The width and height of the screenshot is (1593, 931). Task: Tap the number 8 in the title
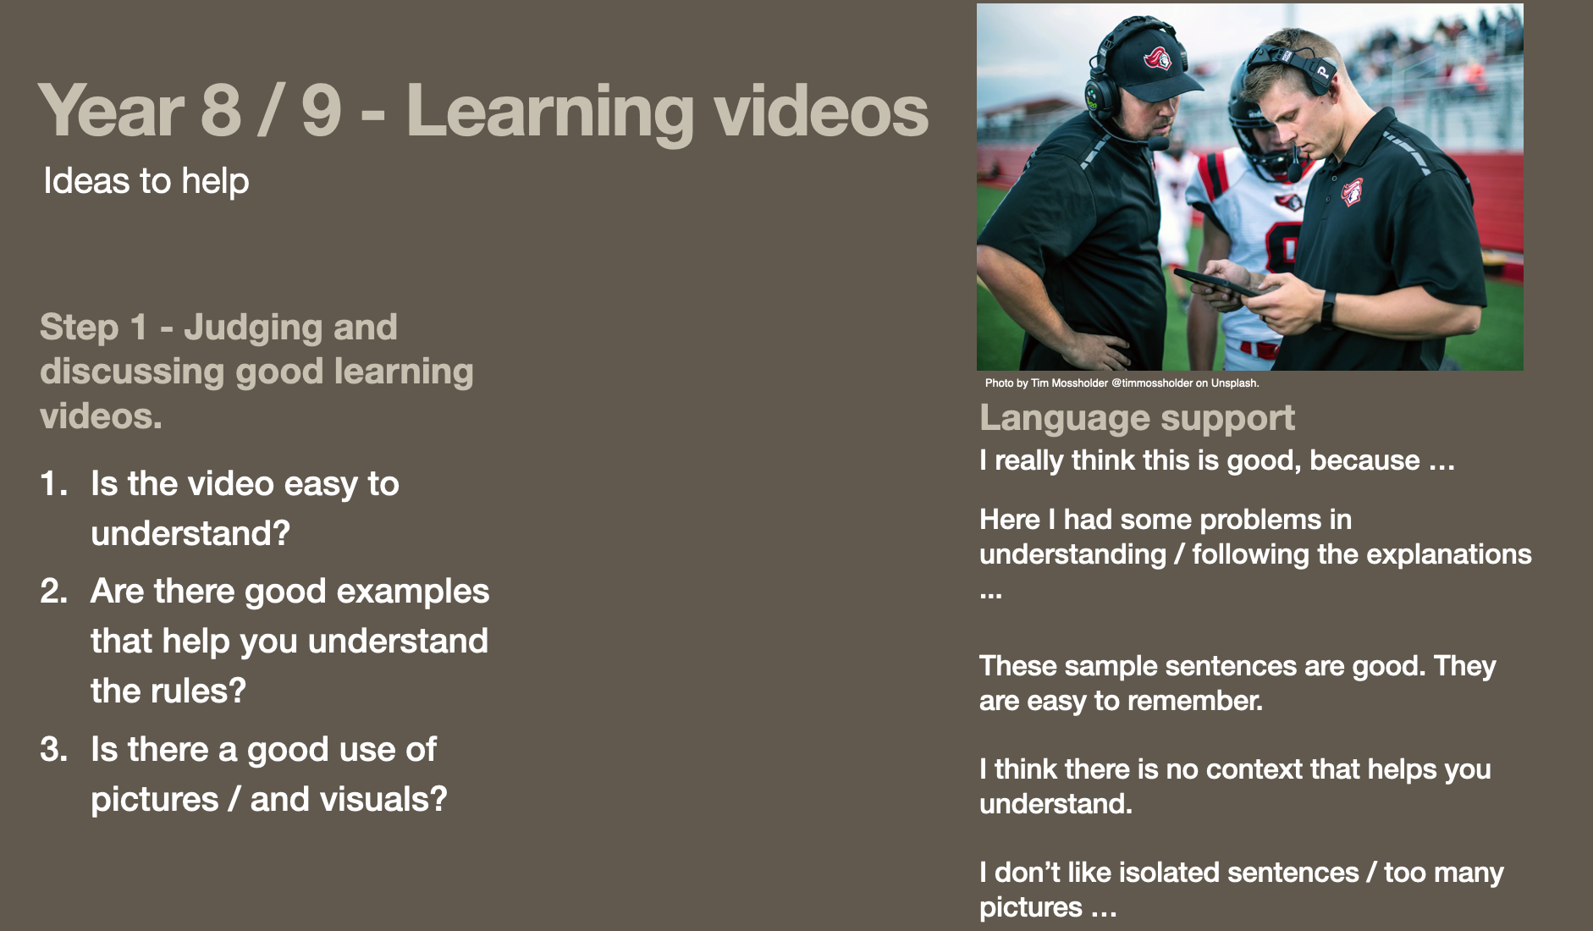pyautogui.click(x=222, y=111)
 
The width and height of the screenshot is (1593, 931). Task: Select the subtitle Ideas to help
pyautogui.click(x=146, y=181)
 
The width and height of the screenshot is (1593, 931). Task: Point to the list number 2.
pyautogui.click(x=54, y=591)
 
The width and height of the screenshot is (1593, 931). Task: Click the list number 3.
pyautogui.click(x=54, y=749)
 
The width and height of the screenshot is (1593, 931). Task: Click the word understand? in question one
pyautogui.click(x=190, y=533)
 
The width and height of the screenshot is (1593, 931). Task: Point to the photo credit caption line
pyautogui.click(x=1122, y=383)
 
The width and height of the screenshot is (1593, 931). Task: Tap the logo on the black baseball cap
pyautogui.click(x=1157, y=58)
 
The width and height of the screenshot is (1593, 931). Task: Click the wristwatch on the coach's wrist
pyautogui.click(x=1328, y=308)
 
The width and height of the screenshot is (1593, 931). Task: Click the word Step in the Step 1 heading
pyautogui.click(x=79, y=328)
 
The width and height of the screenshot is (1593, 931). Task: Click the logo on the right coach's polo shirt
pyautogui.click(x=1353, y=191)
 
